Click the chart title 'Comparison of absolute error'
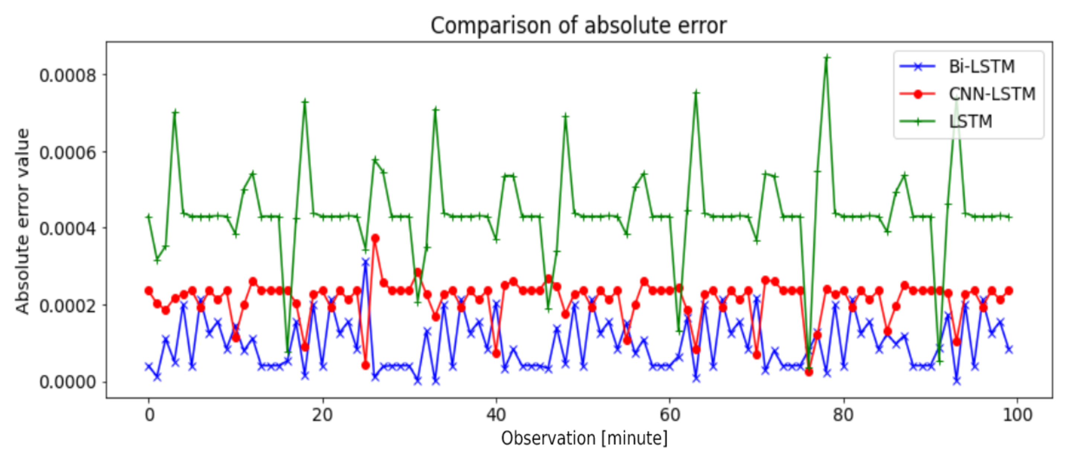[x=578, y=26]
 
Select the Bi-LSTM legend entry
[x=981, y=67]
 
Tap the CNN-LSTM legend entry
[x=991, y=94]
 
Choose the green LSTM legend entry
[x=970, y=121]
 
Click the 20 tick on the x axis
[x=322, y=415]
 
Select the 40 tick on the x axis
[x=496, y=415]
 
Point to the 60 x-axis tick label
[x=670, y=415]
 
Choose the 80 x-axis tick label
[x=843, y=415]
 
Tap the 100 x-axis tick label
[x=1017, y=415]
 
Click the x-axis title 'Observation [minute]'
[x=584, y=438]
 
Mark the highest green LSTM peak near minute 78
[x=827, y=57]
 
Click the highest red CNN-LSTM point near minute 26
[x=375, y=238]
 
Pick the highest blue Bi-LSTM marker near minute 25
[x=366, y=262]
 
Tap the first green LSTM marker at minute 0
[x=149, y=217]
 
